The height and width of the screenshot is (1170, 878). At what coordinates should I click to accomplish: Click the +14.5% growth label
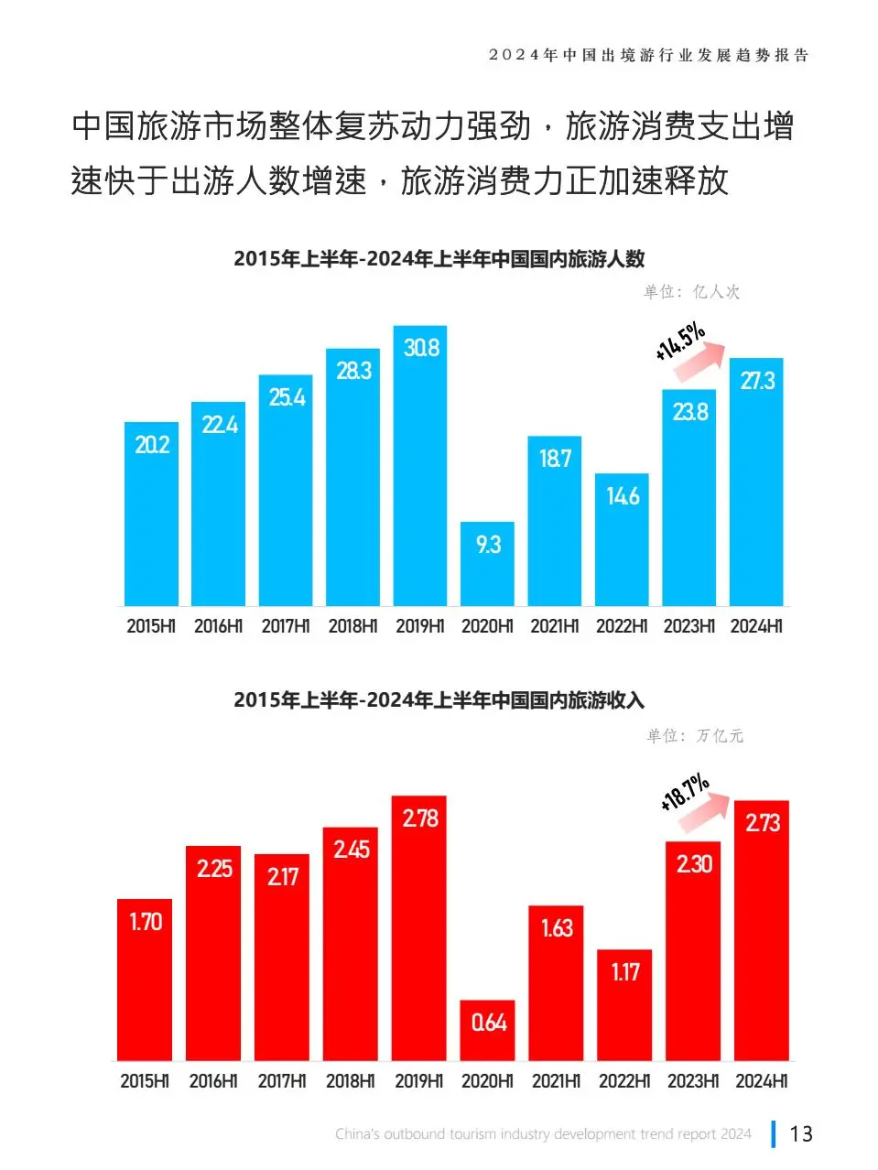(679, 340)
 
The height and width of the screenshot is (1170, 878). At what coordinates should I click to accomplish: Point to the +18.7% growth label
(684, 791)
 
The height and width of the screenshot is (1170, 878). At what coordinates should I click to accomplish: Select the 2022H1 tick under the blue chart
(622, 626)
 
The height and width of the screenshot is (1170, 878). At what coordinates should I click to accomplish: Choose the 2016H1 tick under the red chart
(212, 1081)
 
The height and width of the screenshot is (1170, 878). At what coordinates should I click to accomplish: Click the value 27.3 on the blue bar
(757, 381)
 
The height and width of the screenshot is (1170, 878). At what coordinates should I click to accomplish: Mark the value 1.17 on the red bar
(625, 971)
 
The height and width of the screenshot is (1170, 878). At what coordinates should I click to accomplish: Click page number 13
(801, 1133)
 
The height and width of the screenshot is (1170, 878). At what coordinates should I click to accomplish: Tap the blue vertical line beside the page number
(774, 1133)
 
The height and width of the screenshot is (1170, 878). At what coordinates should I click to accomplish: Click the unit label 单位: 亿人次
(691, 292)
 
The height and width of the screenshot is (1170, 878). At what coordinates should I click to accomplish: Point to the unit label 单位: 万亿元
(695, 735)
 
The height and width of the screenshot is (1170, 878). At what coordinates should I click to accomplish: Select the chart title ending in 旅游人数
(439, 259)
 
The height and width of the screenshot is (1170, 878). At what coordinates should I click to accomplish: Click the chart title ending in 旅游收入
(439, 700)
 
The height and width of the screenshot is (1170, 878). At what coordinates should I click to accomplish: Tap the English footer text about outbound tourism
(543, 1134)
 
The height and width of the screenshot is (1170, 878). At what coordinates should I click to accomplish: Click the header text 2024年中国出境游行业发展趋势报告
(648, 55)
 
